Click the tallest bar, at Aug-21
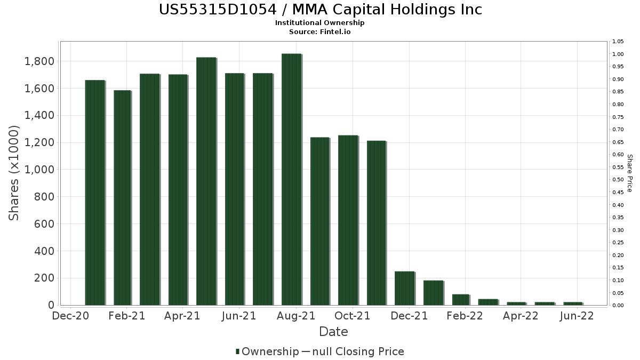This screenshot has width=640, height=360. click(291, 179)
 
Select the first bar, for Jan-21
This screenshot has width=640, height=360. click(95, 193)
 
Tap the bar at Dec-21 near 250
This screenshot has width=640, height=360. click(404, 288)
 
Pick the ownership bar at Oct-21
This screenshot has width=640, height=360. click(348, 220)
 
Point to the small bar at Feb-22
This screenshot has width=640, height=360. click(460, 300)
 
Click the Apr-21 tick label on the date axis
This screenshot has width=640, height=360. click(182, 316)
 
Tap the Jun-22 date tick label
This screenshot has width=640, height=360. click(577, 316)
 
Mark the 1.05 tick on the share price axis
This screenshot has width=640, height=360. click(618, 42)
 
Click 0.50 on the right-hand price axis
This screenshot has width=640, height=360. click(618, 180)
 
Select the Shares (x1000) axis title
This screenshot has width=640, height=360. click(14, 173)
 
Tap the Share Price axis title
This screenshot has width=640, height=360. click(629, 173)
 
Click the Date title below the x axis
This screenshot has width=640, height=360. click(333, 332)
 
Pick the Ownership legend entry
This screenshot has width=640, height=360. click(267, 351)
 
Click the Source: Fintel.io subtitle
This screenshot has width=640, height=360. click(320, 31)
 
